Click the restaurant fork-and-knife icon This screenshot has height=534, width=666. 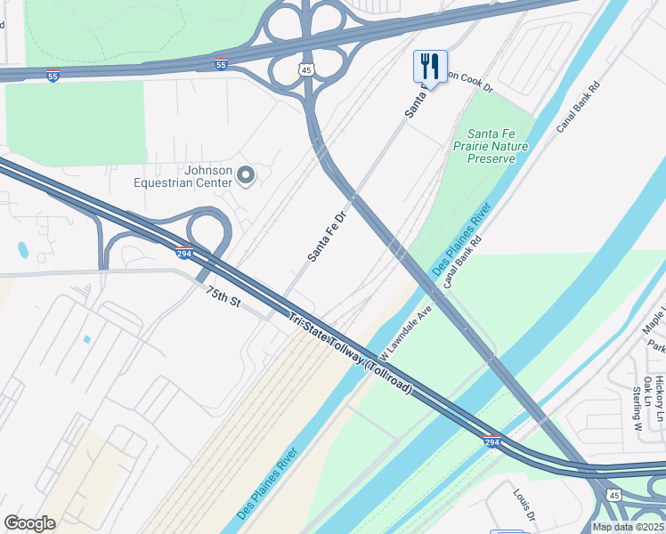[429, 65]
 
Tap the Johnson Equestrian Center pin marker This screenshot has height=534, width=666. [247, 176]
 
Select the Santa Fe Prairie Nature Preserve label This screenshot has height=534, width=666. [491, 145]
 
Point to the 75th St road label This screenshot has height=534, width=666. [223, 297]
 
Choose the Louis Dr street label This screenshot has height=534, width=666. [523, 504]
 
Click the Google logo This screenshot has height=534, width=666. [29, 523]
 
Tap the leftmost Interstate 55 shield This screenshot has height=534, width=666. [53, 77]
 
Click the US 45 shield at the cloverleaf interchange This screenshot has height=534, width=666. [306, 69]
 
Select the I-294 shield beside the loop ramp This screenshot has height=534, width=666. [184, 254]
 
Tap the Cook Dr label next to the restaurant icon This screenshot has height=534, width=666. [469, 83]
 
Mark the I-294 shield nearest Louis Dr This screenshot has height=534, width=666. [492, 441]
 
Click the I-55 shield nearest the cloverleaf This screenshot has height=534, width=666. [222, 64]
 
